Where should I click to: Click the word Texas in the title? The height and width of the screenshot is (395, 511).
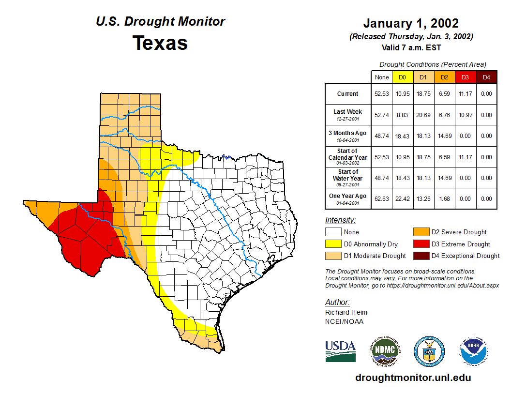[x=160, y=43]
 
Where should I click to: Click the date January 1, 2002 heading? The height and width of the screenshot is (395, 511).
[x=411, y=23]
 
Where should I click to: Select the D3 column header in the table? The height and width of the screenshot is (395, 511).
[x=465, y=77]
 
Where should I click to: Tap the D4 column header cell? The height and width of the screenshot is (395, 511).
[x=486, y=77]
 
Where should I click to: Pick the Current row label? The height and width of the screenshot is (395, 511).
[x=348, y=94]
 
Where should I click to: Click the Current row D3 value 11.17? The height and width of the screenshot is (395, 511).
[x=465, y=94]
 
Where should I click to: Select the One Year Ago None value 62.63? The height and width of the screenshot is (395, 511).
[x=382, y=198]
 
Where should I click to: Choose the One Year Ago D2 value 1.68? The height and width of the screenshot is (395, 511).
[x=444, y=198]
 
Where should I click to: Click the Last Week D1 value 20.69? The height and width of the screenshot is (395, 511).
[x=423, y=115]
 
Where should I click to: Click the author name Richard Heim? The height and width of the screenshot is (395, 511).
[x=346, y=312]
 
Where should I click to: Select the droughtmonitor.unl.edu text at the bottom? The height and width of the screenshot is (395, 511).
[x=413, y=378]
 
